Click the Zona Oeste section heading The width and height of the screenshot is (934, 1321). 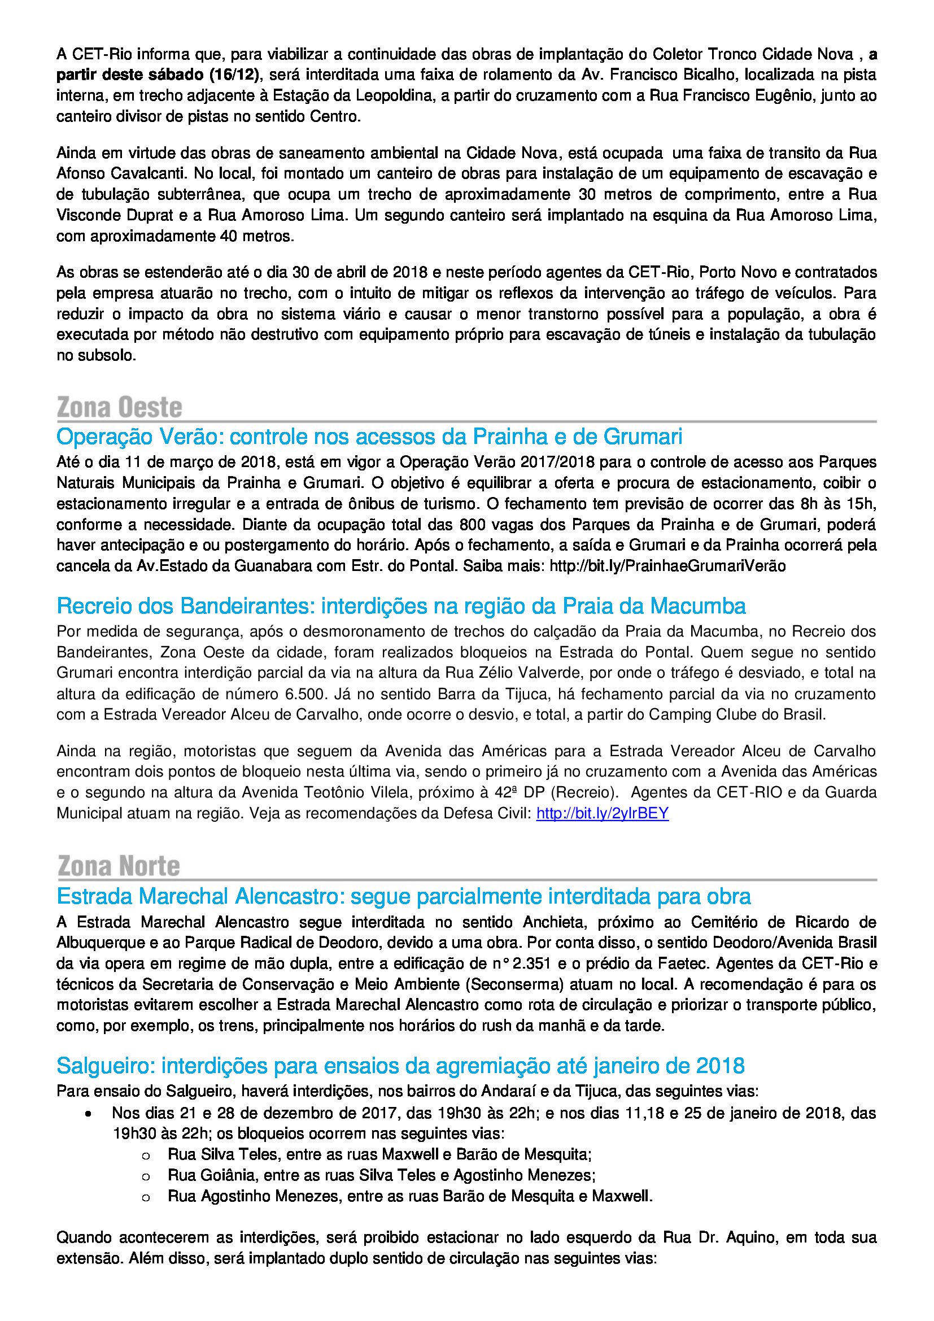(x=120, y=407)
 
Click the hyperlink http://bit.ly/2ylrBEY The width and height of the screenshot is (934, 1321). (x=602, y=813)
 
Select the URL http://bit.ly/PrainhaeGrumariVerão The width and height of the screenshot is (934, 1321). (x=667, y=566)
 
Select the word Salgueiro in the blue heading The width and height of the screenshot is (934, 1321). (x=102, y=1066)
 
